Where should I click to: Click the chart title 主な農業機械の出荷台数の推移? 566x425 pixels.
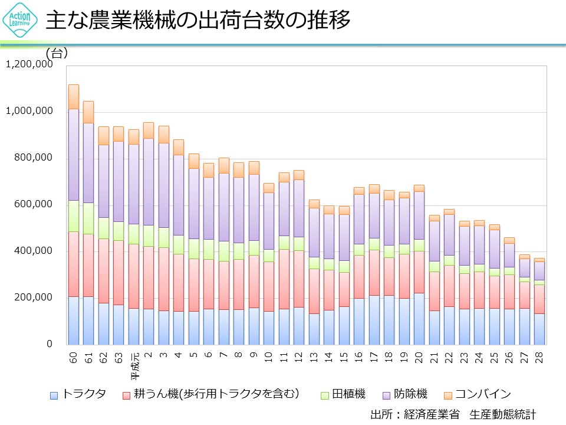[x=198, y=21]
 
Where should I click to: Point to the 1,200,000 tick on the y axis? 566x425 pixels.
[x=29, y=64]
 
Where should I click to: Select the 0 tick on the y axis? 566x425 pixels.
[x=50, y=344]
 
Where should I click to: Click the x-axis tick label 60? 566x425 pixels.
[x=74, y=356]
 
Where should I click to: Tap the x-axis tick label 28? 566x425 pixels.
[x=539, y=356]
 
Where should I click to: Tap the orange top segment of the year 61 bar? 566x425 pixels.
[x=88, y=112]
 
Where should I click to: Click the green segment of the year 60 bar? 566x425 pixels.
[x=74, y=216]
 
